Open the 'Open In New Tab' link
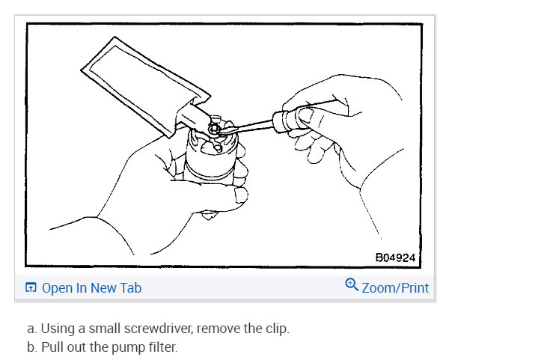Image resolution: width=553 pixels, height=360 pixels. click(x=91, y=287)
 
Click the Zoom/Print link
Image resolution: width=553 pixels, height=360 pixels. click(x=395, y=287)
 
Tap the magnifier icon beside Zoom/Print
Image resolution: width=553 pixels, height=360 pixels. click(x=352, y=285)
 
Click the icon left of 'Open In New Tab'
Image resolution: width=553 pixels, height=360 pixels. click(x=31, y=288)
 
